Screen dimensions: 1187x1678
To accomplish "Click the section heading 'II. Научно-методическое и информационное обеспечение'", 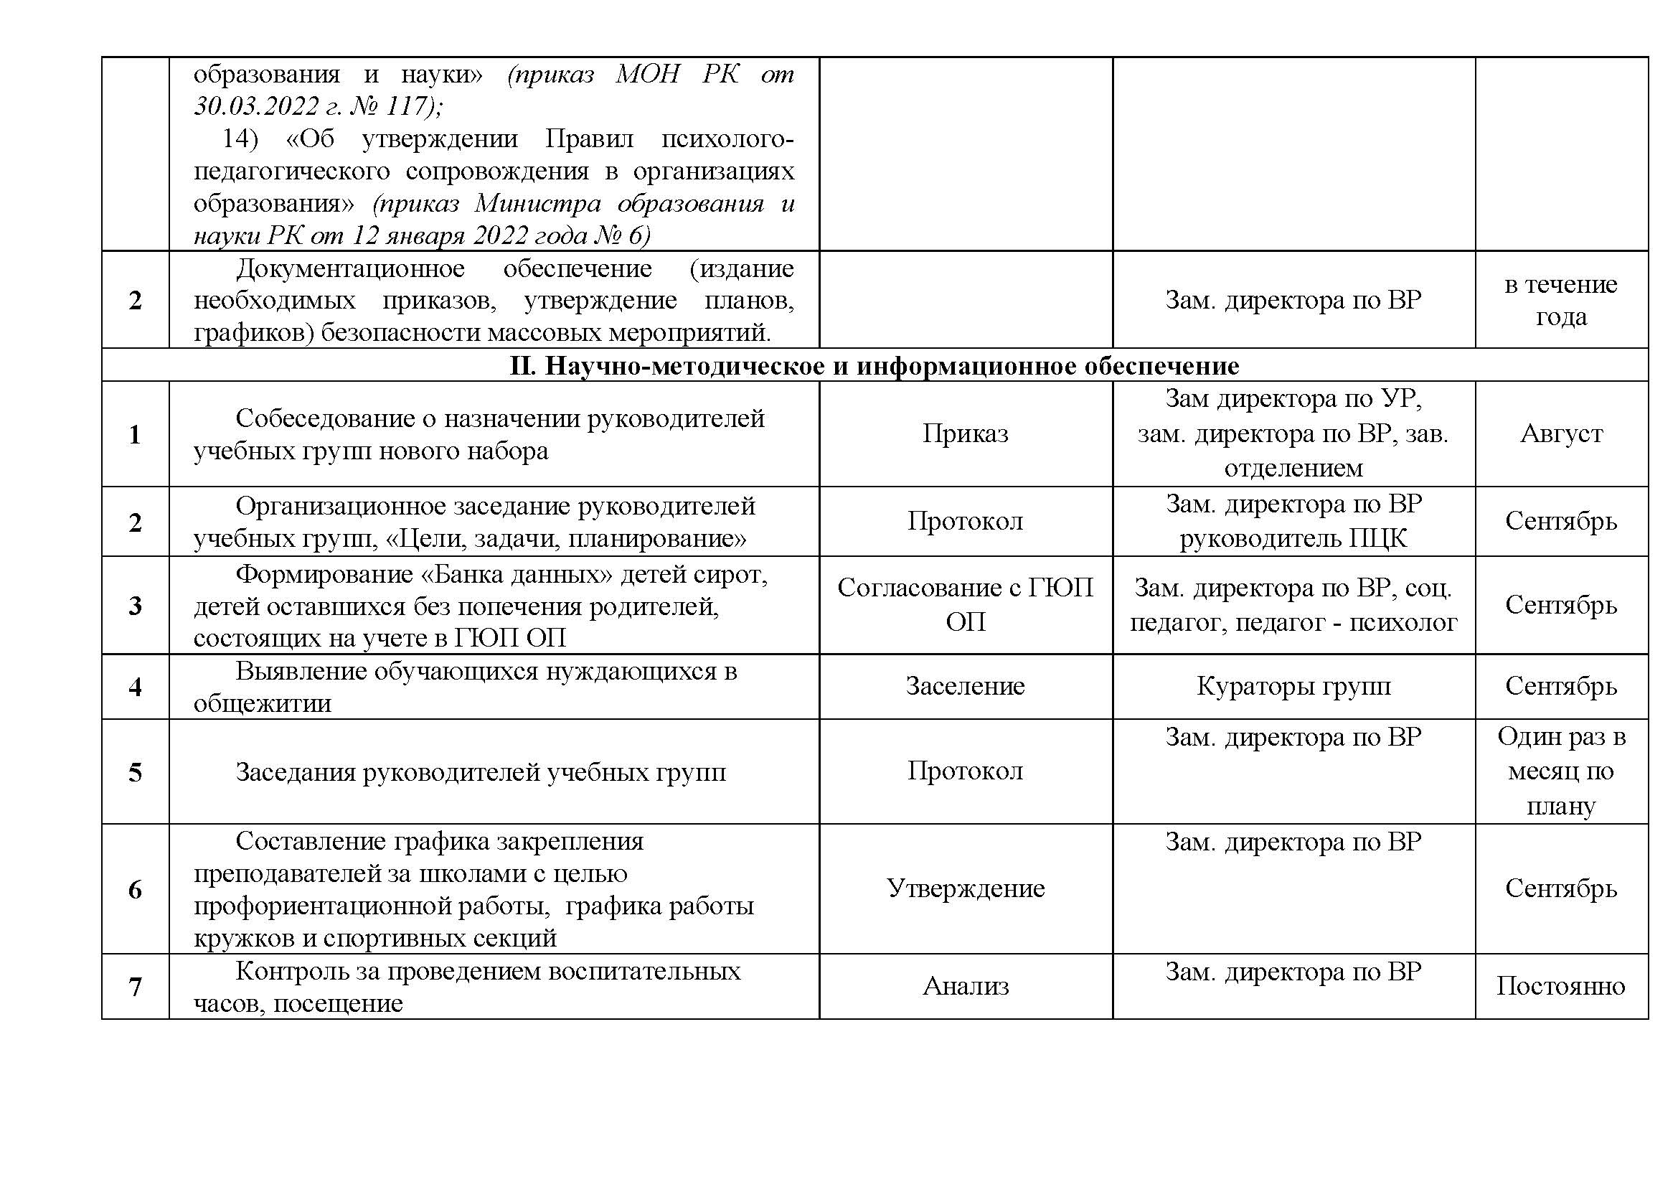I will point(874,365).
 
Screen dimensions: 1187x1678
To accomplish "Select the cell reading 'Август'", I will point(1561,433).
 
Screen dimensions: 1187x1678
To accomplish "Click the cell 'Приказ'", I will point(965,433).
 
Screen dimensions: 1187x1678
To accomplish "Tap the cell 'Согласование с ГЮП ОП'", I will point(965,604).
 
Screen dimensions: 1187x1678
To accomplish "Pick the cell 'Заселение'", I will point(965,685).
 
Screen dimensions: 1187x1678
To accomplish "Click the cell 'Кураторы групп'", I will point(1293,685).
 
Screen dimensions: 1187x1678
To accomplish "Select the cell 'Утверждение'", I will point(965,888).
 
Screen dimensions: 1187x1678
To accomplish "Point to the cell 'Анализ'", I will point(965,986).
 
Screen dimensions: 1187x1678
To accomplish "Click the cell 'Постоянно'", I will point(1560,986).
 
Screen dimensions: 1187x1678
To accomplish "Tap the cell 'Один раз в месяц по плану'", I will point(1560,771).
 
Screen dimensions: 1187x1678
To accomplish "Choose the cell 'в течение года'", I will point(1560,300).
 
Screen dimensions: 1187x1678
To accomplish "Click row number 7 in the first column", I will point(135,987).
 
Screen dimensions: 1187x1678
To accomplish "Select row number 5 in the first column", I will point(135,773).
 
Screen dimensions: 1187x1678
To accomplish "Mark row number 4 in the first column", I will point(135,687).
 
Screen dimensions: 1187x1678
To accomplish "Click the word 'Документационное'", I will point(350,269).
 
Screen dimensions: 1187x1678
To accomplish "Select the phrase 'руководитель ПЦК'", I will point(1293,539).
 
